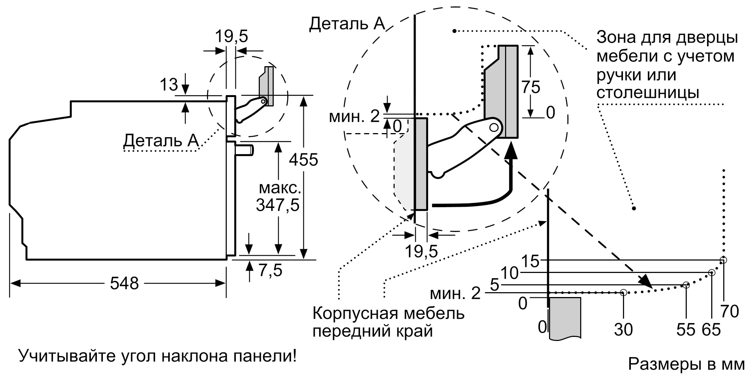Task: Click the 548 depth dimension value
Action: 124,283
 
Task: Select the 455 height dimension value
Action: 303,160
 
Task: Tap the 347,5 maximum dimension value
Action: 277,205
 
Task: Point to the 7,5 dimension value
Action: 270,270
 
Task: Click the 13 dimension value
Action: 169,85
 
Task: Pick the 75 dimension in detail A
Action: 531,87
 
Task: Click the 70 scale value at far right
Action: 730,312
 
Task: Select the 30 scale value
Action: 623,330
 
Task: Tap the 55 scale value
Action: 686,330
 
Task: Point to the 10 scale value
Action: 510,273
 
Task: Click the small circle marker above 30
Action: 623,292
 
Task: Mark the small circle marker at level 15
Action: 724,260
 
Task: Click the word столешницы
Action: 648,93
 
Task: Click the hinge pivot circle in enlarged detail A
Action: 494,127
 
